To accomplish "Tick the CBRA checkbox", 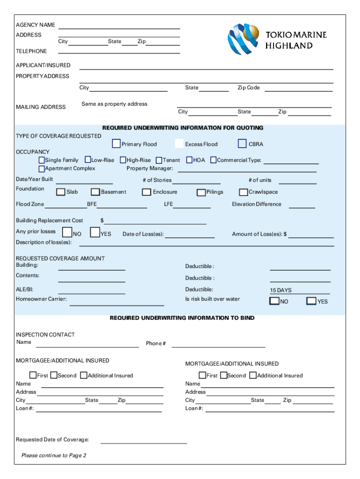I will (x=242, y=144).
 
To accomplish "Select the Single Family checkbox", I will (x=42, y=160).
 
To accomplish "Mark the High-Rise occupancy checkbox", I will (x=123, y=160).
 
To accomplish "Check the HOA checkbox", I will (x=189, y=160).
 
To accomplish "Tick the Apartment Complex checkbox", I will (x=42, y=168).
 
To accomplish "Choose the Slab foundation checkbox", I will (x=61, y=192).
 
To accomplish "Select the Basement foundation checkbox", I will (x=95, y=192).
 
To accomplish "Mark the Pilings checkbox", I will (x=201, y=192).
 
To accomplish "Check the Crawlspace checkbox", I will (x=243, y=192).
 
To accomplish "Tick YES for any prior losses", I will (x=95, y=232).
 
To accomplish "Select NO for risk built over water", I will (x=274, y=301).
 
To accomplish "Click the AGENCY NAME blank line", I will (x=119, y=26).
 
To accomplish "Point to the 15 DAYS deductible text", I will (x=281, y=290).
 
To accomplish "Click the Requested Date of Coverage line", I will (x=144, y=441).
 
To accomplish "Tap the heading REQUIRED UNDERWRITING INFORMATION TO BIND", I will (x=182, y=318).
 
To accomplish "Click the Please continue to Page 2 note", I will (x=54, y=456).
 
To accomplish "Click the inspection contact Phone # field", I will (x=218, y=345).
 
